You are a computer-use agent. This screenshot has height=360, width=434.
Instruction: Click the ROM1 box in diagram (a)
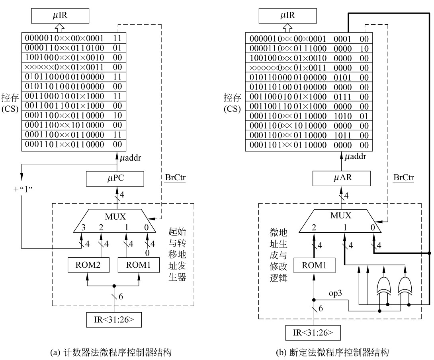click(x=138, y=264)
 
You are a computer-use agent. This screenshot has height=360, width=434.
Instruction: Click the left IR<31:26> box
click(x=114, y=319)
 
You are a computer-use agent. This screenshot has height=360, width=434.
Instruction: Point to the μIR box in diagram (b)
click(x=284, y=17)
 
